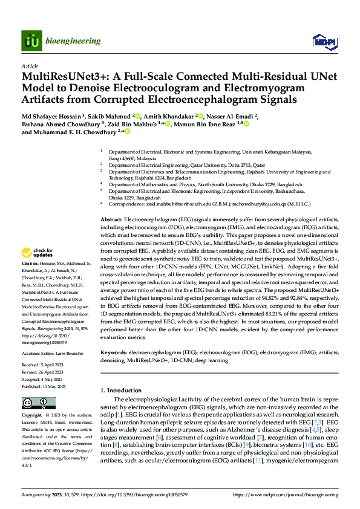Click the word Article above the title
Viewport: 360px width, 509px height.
tap(30, 66)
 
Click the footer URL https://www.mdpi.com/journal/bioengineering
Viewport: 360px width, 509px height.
tap(286, 494)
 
